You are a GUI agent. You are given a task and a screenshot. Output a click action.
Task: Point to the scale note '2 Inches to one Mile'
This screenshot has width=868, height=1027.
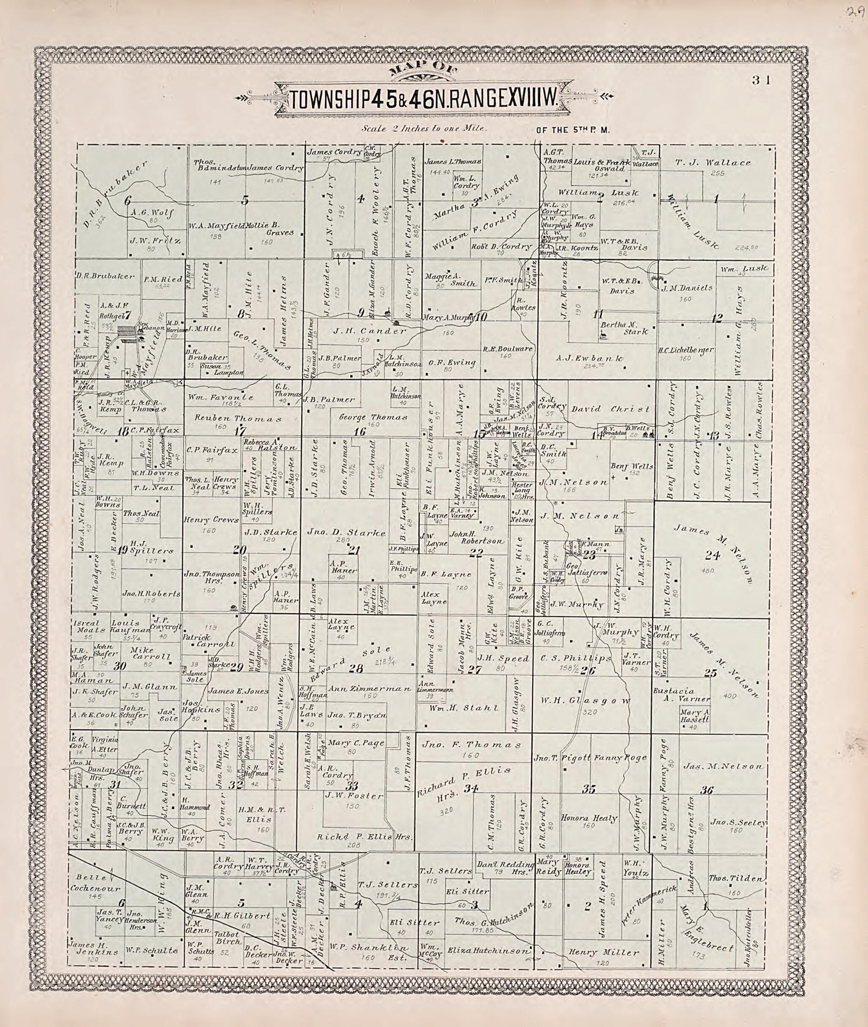pos(424,129)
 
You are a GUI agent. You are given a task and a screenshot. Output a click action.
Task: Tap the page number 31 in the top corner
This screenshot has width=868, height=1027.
pos(763,80)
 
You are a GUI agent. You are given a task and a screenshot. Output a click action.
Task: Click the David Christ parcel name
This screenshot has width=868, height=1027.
pos(610,409)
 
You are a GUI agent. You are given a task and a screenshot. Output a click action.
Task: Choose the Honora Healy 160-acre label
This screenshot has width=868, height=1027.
pos(588,818)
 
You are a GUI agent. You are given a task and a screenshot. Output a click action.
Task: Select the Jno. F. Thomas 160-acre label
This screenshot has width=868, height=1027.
pos(471,745)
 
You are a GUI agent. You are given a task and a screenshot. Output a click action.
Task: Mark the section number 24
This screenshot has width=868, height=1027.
pos(712,556)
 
